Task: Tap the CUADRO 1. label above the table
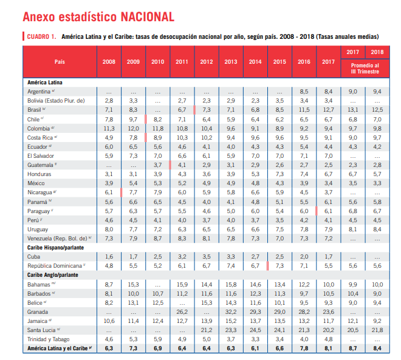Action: click(41, 38)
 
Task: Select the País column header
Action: click(59, 62)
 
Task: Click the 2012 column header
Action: click(207, 62)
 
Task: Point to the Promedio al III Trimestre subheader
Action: click(365, 69)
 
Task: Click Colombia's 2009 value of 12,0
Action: click(133, 129)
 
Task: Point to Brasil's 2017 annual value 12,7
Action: click(328, 109)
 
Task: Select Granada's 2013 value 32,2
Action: click(231, 311)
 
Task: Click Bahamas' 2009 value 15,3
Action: click(133, 284)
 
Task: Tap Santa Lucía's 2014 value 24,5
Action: click(255, 329)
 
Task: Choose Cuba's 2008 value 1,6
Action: click(109, 256)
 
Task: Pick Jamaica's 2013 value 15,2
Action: click(231, 320)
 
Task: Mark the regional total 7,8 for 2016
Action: click(304, 348)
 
